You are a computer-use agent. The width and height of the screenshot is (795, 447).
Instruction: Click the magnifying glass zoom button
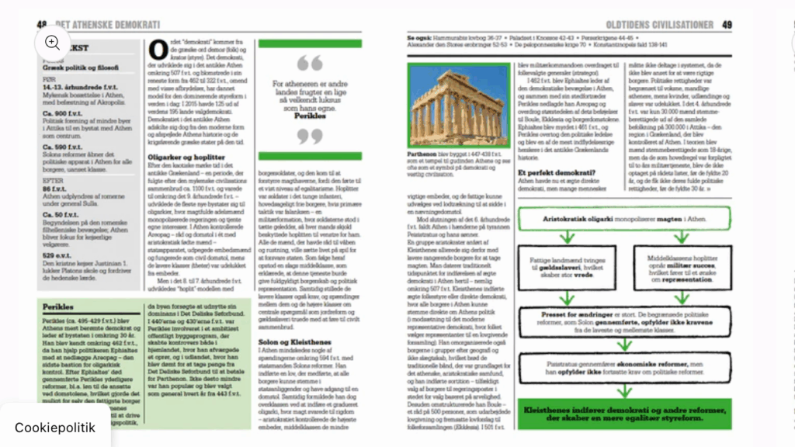(x=52, y=43)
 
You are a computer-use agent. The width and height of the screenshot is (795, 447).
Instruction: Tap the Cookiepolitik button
(x=55, y=426)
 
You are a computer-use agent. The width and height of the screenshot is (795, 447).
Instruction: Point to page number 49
(x=727, y=24)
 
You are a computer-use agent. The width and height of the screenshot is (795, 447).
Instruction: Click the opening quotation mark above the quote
(x=309, y=63)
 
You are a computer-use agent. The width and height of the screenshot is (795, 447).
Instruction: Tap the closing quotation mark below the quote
(x=309, y=137)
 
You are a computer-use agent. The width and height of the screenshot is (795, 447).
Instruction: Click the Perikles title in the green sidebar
(x=57, y=307)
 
